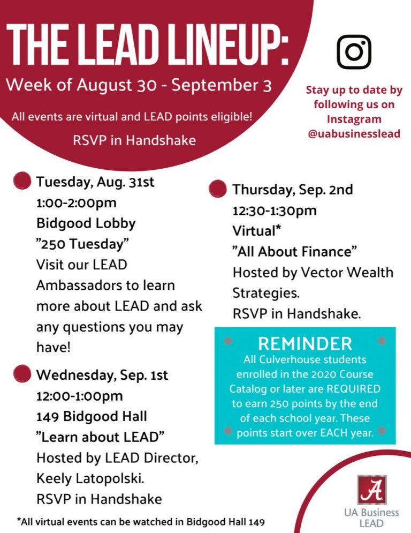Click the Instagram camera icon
click(x=354, y=51)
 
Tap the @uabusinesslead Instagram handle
click(x=354, y=133)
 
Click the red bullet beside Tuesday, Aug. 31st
click(x=22, y=181)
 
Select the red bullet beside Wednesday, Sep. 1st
click(x=22, y=373)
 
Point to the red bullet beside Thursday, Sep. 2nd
click(x=218, y=189)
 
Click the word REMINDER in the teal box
click(x=305, y=343)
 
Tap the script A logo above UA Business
click(x=372, y=490)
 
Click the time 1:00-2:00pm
click(x=77, y=203)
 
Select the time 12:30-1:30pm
click(x=275, y=211)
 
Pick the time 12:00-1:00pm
click(x=80, y=396)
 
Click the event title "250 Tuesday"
click(x=83, y=244)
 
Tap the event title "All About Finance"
click(x=295, y=252)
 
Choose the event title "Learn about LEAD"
click(x=101, y=437)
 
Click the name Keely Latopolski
click(x=90, y=478)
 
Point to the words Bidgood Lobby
click(x=86, y=223)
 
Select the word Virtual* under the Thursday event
click(x=257, y=231)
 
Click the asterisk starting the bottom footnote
click(x=19, y=520)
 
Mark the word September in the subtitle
click(x=215, y=85)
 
